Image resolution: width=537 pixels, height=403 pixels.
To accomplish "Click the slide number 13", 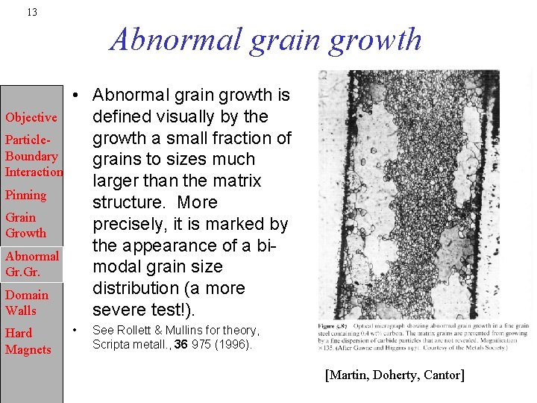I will (x=31, y=12).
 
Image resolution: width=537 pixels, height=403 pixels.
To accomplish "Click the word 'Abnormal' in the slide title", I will (x=177, y=39).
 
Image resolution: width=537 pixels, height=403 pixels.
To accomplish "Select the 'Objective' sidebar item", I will (x=31, y=117).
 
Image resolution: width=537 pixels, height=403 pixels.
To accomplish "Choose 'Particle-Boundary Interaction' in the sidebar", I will (x=33, y=156).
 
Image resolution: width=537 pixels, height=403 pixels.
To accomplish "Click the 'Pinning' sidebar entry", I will (x=25, y=195).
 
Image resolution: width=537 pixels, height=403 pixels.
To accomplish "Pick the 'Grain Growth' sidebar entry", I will (x=25, y=225).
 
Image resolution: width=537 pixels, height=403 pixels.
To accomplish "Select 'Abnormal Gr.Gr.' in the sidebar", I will (x=31, y=263).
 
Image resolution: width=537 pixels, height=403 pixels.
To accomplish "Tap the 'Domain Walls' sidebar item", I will (x=26, y=302).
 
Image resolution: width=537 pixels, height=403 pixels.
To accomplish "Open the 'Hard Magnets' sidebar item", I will (x=28, y=341).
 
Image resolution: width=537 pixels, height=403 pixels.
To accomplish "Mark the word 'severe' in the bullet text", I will (x=119, y=310).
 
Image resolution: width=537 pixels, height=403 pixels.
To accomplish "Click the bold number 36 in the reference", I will (x=180, y=344).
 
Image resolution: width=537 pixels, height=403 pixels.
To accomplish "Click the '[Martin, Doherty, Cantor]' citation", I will (x=395, y=375).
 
